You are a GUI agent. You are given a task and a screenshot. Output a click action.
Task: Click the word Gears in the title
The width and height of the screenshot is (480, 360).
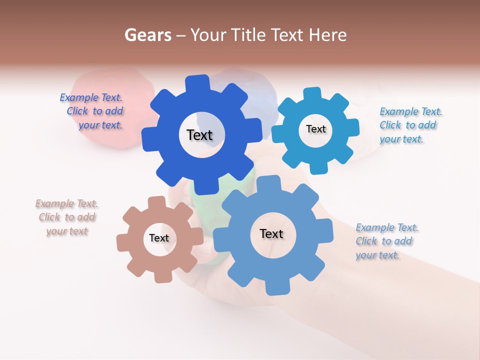pyautogui.click(x=148, y=35)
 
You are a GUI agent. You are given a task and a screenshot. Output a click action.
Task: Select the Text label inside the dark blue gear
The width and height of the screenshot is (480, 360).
pyautogui.click(x=199, y=135)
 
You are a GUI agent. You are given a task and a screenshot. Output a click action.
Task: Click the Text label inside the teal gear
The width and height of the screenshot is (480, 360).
pyautogui.click(x=315, y=129)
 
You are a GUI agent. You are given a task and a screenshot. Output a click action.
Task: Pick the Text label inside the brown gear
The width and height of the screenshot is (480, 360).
pyautogui.click(x=159, y=238)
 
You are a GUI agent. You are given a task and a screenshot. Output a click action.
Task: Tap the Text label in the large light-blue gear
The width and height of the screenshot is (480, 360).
pyautogui.click(x=271, y=234)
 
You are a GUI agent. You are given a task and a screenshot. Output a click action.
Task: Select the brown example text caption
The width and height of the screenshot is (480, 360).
pyautogui.click(x=67, y=217)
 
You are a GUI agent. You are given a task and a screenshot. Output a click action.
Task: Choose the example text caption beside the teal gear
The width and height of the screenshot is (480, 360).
pyautogui.click(x=410, y=125)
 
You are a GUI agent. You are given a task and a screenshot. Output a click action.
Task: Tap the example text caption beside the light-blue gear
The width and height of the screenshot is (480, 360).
pyautogui.click(x=386, y=241)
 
